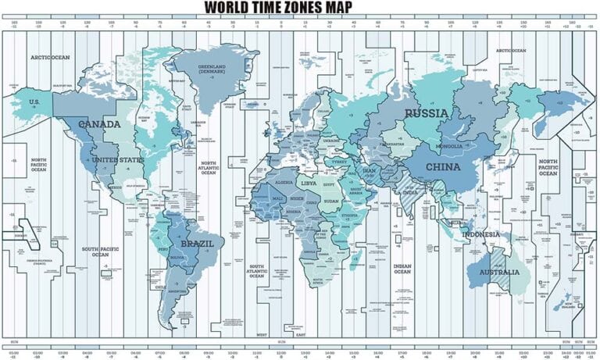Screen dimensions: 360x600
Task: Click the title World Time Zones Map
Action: click(x=300, y=8)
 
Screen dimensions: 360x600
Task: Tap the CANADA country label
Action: click(x=99, y=125)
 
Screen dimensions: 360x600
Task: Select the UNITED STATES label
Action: click(x=118, y=160)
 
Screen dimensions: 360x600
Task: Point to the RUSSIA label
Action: click(x=427, y=114)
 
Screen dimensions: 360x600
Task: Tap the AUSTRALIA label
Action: click(x=498, y=273)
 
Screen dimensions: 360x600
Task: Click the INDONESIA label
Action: click(x=481, y=234)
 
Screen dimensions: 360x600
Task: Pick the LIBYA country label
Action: click(x=309, y=183)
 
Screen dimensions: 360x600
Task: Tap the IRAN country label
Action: click(x=370, y=170)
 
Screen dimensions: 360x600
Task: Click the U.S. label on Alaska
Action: click(x=34, y=102)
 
